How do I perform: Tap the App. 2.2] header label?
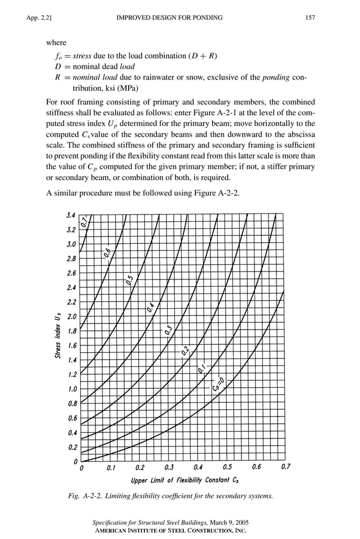(x=39, y=18)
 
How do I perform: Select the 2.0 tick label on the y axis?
(x=72, y=317)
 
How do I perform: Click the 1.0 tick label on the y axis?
(x=72, y=389)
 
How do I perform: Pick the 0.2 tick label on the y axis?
(x=72, y=448)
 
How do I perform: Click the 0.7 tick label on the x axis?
(x=286, y=467)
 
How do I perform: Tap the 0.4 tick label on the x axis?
(x=198, y=467)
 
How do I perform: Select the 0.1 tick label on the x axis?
(x=111, y=467)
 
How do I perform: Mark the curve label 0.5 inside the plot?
(x=130, y=279)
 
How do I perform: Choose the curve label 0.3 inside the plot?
(x=169, y=330)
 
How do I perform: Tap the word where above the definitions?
(x=56, y=43)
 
